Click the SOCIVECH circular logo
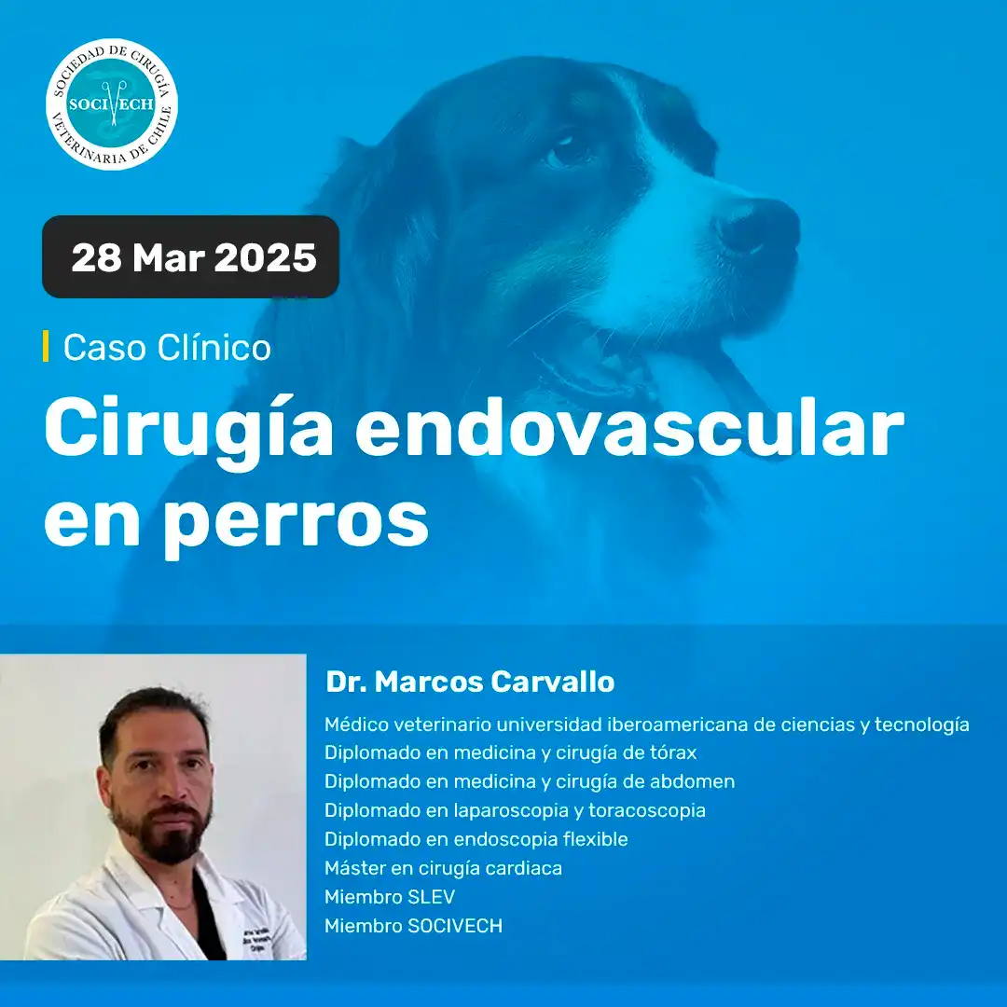pyautogui.click(x=112, y=104)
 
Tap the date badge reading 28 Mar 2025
pyautogui.click(x=190, y=257)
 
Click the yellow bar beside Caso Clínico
pyautogui.click(x=46, y=346)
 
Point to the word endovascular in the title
pyautogui.click(x=630, y=427)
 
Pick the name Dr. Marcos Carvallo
pyautogui.click(x=470, y=682)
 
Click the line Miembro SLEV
pyautogui.click(x=390, y=897)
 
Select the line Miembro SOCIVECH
pyautogui.click(x=414, y=926)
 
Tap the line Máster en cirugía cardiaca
pyautogui.click(x=443, y=868)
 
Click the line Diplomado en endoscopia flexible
pyautogui.click(x=476, y=839)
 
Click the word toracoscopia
pyautogui.click(x=647, y=811)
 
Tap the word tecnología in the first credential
pyautogui.click(x=921, y=725)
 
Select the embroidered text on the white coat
pyautogui.click(x=257, y=939)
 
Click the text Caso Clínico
pyautogui.click(x=167, y=348)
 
